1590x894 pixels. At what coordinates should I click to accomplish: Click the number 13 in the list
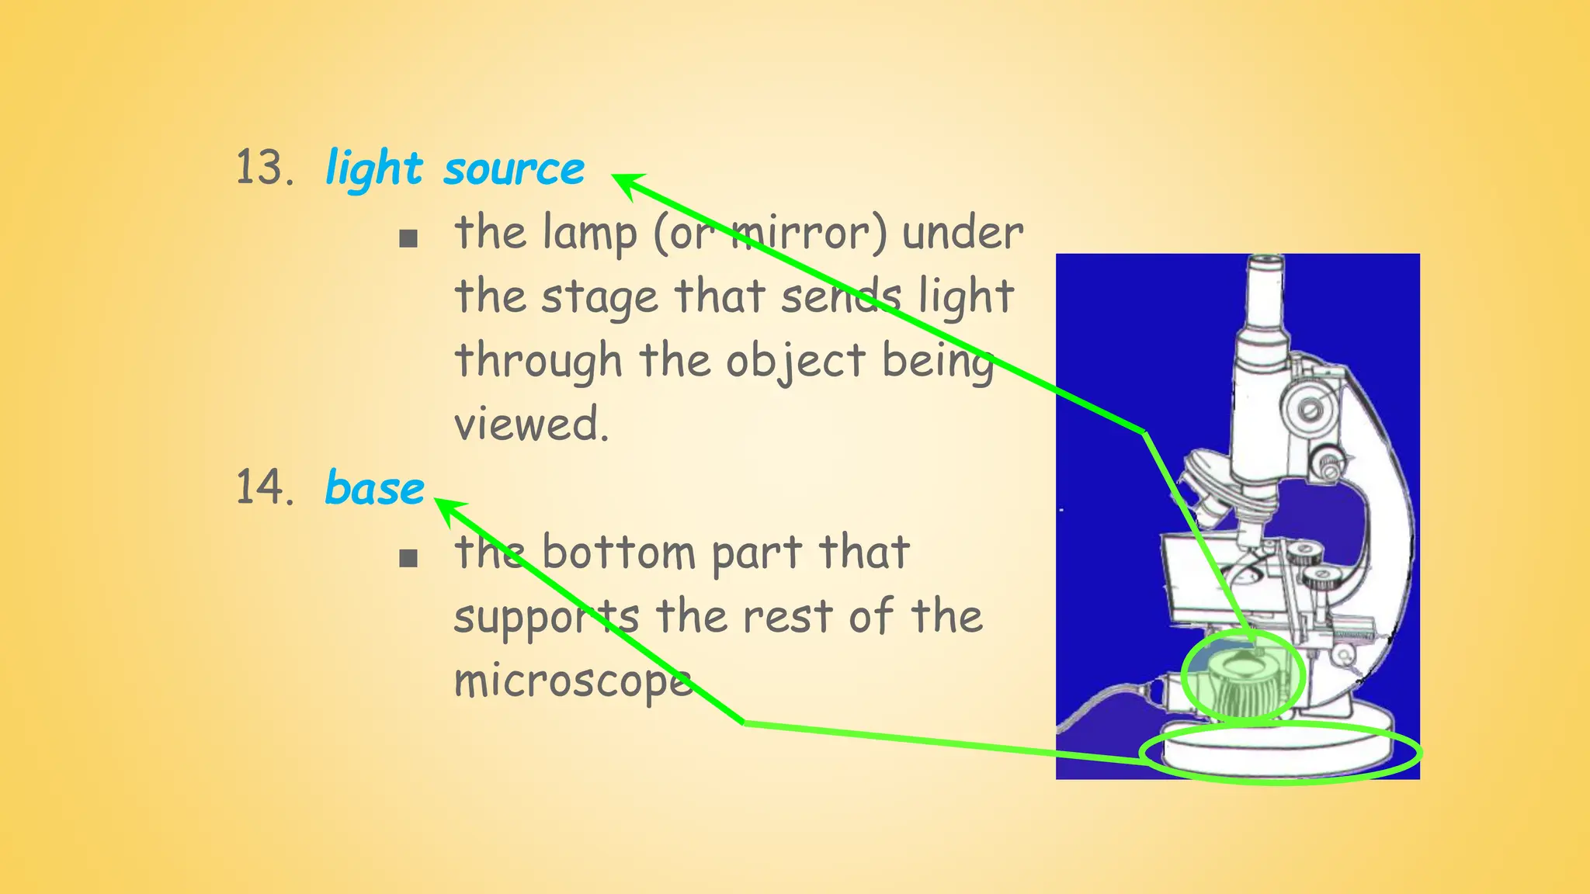(264, 168)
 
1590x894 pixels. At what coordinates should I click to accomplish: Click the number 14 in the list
(264, 488)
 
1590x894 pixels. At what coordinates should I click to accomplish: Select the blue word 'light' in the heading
(374, 169)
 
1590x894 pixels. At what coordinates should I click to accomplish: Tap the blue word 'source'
(514, 169)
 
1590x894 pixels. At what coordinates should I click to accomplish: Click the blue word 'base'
(374, 489)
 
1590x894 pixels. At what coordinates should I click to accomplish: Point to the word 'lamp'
(590, 233)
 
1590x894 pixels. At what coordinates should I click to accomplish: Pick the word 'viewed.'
(531, 424)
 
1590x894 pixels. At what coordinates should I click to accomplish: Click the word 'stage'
(599, 298)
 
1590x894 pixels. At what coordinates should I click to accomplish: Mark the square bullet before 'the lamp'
(408, 238)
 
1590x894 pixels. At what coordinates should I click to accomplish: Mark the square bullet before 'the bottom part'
(408, 558)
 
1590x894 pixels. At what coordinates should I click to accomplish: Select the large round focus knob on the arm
(1311, 407)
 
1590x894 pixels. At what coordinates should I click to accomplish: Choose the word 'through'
(538, 362)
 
